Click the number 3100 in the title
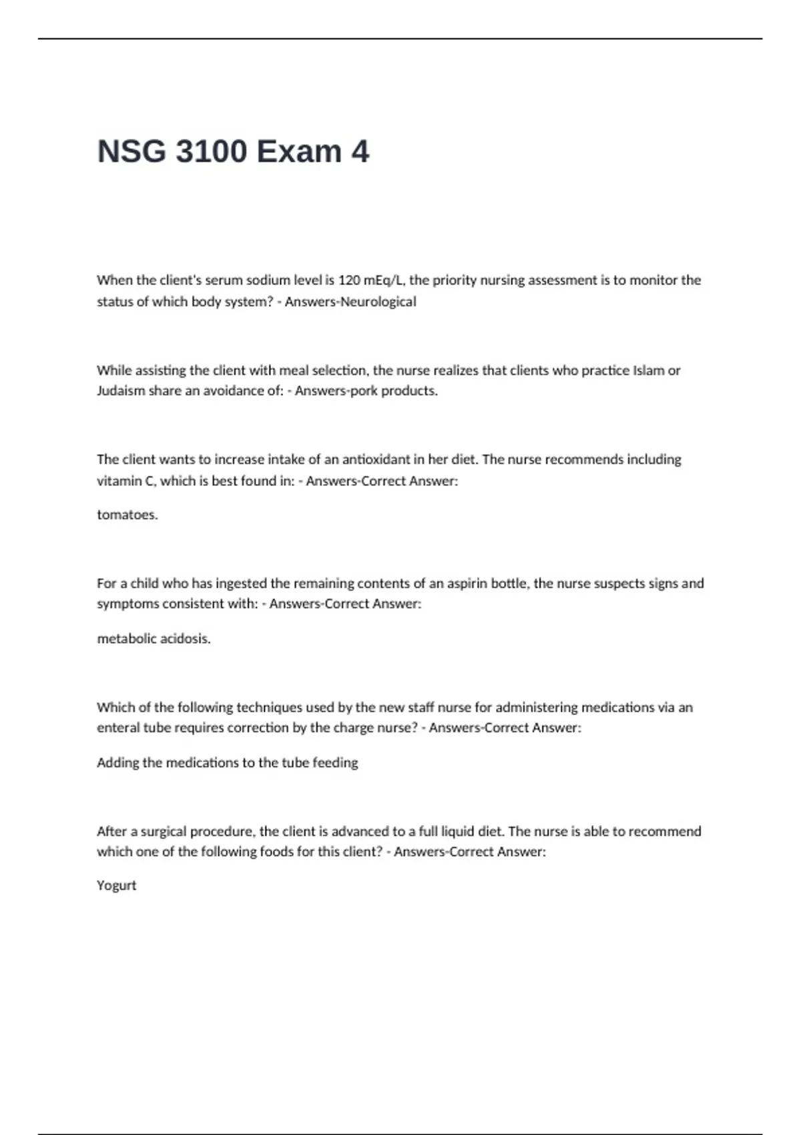[211, 152]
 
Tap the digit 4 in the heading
[360, 152]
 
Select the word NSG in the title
[131, 152]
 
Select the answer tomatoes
[127, 515]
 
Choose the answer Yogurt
[117, 886]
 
